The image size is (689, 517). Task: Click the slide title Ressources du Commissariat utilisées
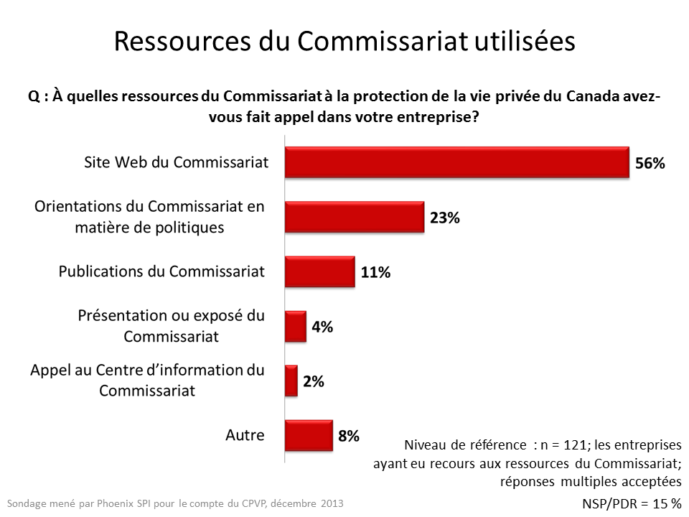344,41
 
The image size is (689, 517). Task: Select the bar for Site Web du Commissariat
456,162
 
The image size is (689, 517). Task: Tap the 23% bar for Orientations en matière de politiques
354,217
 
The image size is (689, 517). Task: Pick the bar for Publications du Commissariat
319,271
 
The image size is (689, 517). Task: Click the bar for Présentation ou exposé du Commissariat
295,326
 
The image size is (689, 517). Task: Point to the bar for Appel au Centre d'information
291,381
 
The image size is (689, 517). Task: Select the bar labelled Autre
309,435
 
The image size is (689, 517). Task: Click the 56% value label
650,163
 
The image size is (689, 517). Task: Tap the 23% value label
445,218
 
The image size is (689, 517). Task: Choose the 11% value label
375,272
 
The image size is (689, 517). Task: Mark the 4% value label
322,327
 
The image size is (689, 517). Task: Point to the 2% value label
313,381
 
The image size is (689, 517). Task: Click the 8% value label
349,436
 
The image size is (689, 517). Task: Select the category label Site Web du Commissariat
177,162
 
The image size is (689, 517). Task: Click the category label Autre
245,434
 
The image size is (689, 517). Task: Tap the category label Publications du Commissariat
161,271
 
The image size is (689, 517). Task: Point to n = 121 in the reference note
563,444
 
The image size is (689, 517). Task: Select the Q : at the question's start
38,97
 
